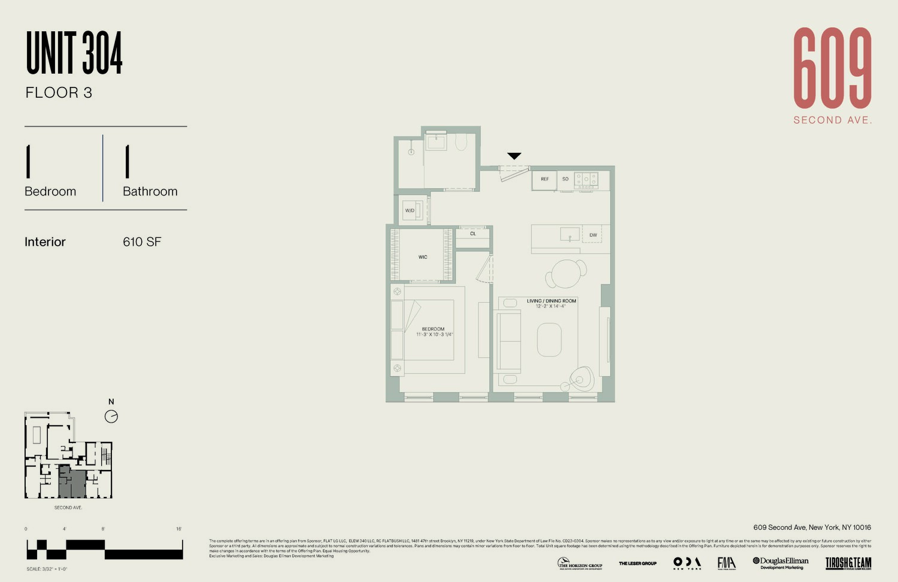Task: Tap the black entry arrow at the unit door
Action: (514, 156)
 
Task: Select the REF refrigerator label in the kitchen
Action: (545, 179)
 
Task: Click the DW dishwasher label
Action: (593, 235)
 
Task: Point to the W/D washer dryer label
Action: (409, 210)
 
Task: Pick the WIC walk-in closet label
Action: (423, 257)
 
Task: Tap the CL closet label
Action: (473, 234)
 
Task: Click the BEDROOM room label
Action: (433, 329)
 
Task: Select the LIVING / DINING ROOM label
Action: (551, 301)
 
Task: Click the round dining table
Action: (566, 274)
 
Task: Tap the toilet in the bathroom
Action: (461, 141)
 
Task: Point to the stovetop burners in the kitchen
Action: (586, 179)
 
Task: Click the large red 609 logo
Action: (832, 68)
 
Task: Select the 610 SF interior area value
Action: (142, 242)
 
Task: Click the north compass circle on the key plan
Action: (111, 417)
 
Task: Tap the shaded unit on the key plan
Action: (72, 483)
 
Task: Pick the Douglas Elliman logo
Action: (781, 563)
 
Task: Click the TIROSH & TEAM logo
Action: (848, 563)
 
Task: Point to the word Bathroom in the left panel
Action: (150, 192)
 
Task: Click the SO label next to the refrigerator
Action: (565, 179)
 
